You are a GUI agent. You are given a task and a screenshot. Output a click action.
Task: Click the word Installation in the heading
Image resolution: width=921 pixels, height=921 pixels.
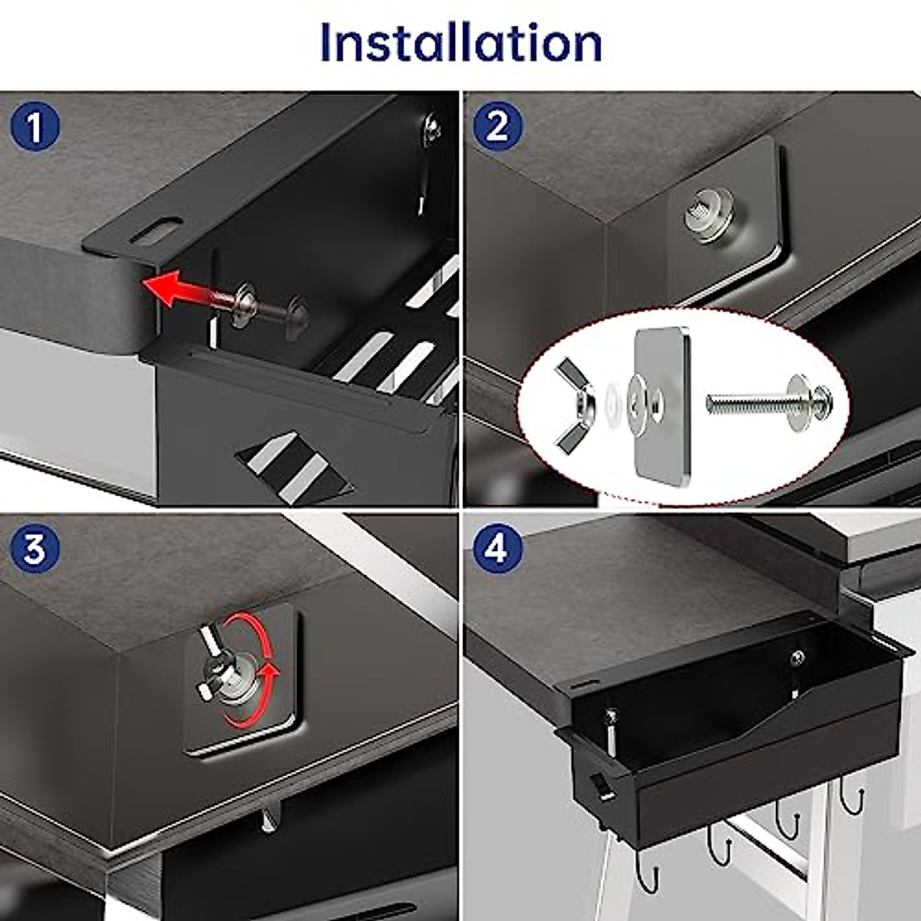coord(461,42)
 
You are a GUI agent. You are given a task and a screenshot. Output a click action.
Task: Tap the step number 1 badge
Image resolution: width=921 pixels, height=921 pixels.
coord(35,127)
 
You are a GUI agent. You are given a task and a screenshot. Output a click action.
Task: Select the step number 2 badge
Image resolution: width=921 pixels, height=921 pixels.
coord(499,127)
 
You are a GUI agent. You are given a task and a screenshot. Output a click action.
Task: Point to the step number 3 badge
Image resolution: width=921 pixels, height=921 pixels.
coord(35,550)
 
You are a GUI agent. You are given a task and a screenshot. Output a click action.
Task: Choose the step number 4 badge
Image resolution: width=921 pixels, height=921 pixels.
coord(499,550)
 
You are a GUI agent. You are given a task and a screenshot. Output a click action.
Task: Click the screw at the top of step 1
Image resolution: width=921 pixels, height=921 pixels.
coord(431,127)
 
